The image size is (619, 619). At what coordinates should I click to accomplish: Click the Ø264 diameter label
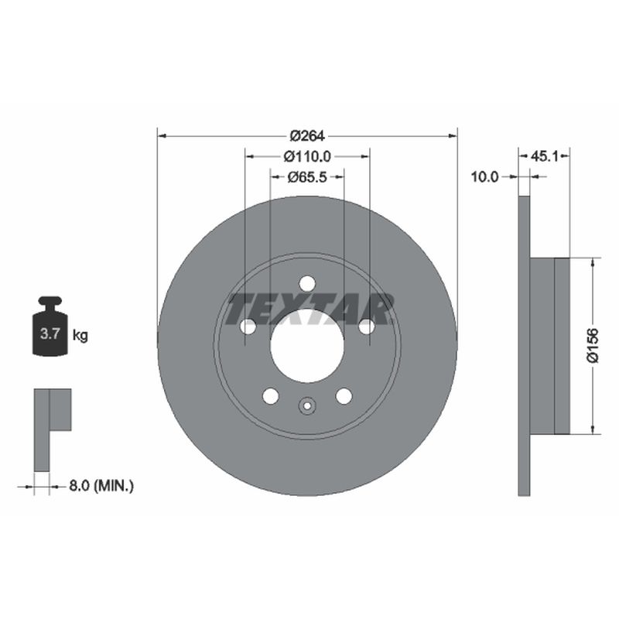307,136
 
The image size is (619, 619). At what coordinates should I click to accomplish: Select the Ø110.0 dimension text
307,157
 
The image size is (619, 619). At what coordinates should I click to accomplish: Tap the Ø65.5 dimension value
307,177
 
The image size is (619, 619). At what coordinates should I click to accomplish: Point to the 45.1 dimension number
545,157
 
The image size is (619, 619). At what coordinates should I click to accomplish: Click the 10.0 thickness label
485,177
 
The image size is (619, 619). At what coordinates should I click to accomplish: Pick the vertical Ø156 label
593,345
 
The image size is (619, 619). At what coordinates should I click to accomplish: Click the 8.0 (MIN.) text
101,486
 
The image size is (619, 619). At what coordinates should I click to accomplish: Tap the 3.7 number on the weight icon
50,334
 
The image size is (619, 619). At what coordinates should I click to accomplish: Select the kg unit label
80,336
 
